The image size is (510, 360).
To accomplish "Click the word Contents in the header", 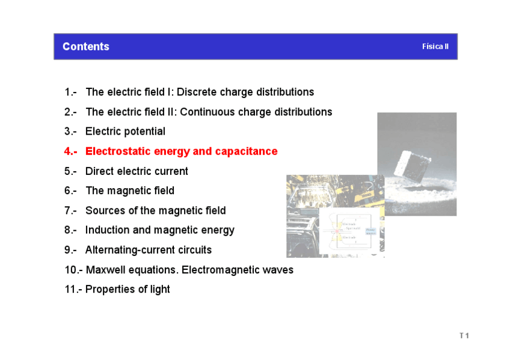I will click(86, 47).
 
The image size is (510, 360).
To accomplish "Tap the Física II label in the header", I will click(435, 46).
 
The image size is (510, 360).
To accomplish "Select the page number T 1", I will click(464, 335).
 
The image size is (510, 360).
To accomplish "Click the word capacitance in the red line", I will click(246, 151).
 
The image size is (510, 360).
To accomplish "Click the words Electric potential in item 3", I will click(125, 132).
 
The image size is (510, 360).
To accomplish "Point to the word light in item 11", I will click(159, 289).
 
